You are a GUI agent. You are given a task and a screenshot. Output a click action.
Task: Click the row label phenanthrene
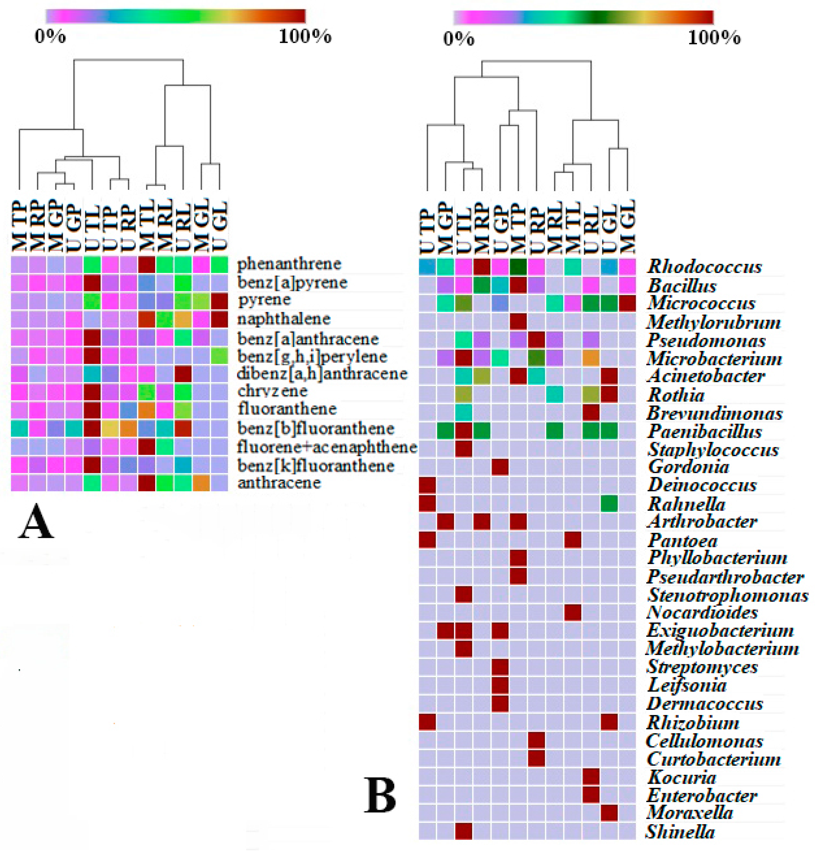(289, 264)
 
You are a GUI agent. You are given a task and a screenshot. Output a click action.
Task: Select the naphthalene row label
(283, 319)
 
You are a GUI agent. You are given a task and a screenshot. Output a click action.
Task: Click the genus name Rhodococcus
(704, 267)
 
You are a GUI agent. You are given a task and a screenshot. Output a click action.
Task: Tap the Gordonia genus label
(688, 467)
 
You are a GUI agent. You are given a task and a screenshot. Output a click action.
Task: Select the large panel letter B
(380, 796)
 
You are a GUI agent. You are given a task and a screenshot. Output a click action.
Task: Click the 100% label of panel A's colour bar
(305, 37)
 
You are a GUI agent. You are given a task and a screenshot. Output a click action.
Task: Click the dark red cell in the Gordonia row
(500, 467)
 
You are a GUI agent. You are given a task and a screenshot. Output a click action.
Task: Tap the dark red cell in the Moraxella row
(609, 813)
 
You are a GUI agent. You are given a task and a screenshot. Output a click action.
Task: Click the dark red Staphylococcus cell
(464, 449)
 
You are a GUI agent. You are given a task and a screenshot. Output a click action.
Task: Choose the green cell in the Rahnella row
(609, 504)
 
